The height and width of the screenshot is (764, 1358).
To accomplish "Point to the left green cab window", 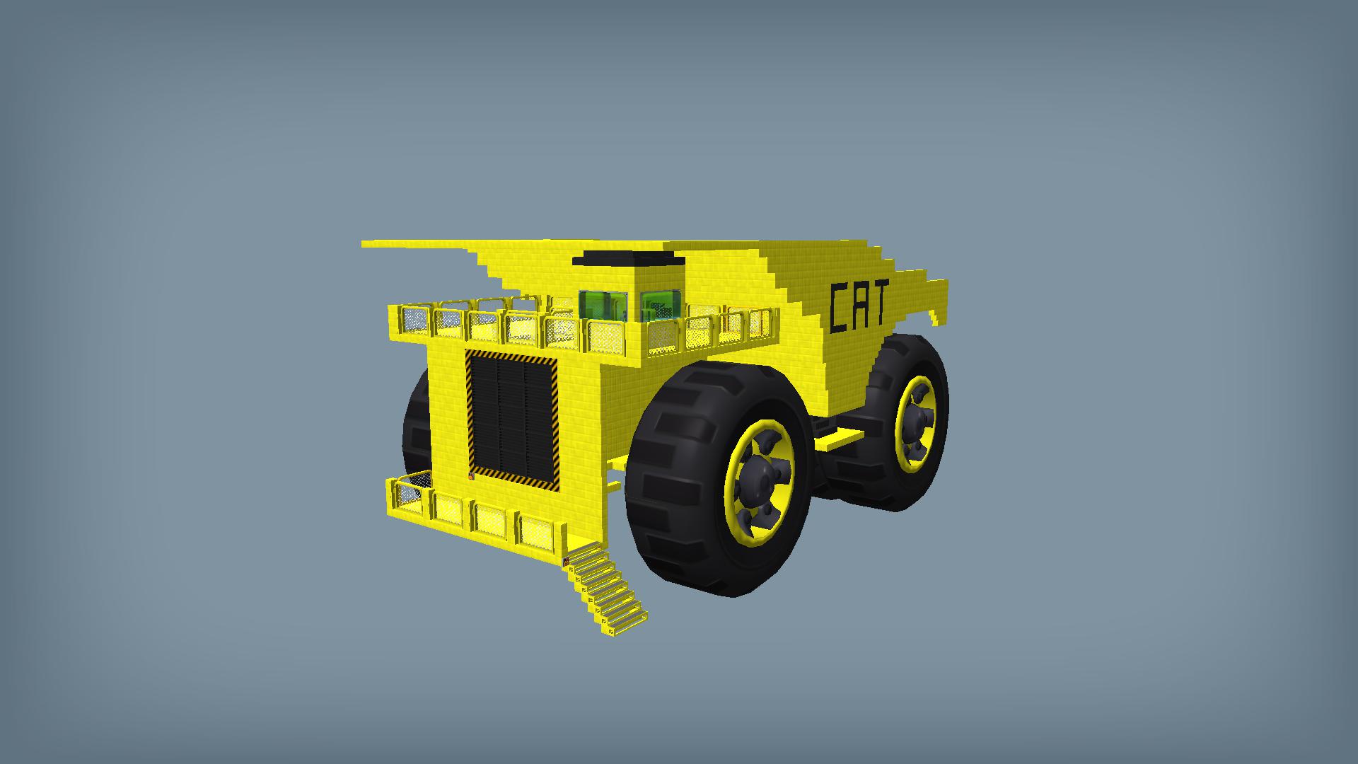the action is pyautogui.click(x=603, y=305).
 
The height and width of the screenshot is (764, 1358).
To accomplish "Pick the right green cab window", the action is pyautogui.click(x=661, y=303).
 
